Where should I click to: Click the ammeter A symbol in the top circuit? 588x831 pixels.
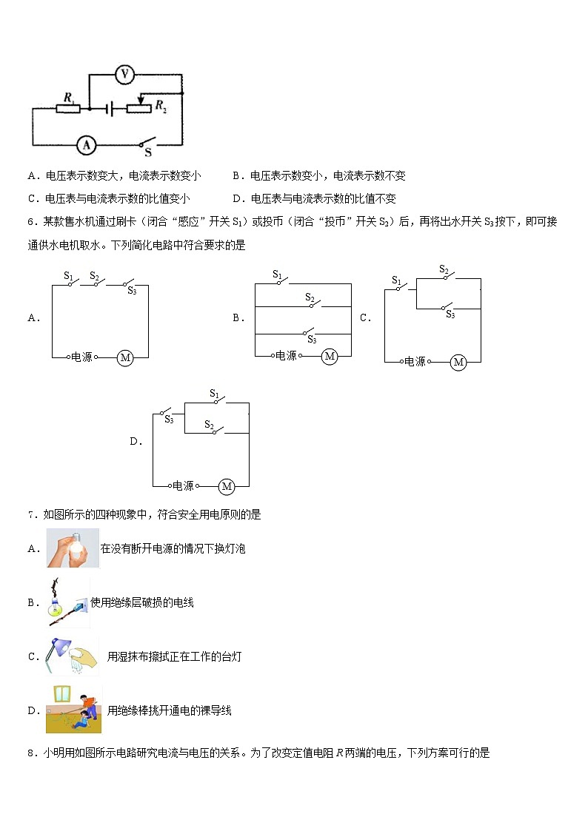click(87, 145)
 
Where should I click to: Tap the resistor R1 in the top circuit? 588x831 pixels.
click(68, 108)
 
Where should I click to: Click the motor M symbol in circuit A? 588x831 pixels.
click(125, 357)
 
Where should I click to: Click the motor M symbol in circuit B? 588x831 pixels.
click(330, 357)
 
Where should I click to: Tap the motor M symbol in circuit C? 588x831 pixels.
click(458, 362)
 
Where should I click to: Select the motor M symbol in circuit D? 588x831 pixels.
click(227, 486)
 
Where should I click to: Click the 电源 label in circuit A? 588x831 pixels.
click(82, 357)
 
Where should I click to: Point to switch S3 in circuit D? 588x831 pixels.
click(167, 413)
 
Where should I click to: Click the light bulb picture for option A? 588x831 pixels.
click(73, 548)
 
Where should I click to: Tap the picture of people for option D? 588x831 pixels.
click(73, 710)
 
